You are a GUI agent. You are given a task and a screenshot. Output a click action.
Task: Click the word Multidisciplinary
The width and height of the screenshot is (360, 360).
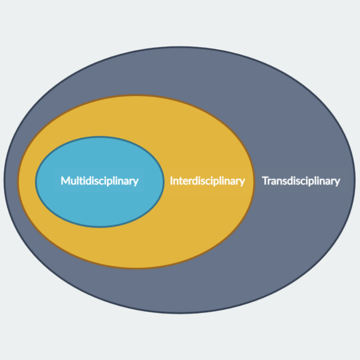pyautogui.click(x=100, y=181)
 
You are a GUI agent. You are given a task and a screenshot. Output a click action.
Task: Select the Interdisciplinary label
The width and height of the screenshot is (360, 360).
pyautogui.click(x=207, y=181)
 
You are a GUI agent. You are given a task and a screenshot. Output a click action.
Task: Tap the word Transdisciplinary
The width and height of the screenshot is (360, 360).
pyautogui.click(x=301, y=181)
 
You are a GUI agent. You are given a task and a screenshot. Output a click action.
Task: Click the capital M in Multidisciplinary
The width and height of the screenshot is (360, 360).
pyautogui.click(x=65, y=181)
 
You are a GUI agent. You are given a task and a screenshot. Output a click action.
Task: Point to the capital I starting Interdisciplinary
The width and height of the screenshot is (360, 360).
pyautogui.click(x=171, y=181)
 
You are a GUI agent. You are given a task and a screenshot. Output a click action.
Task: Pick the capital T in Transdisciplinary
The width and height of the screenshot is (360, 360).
pyautogui.click(x=265, y=181)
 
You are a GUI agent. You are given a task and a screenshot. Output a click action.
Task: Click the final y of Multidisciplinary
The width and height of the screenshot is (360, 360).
pyautogui.click(x=136, y=182)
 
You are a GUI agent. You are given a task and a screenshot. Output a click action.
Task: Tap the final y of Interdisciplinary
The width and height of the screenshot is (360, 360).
pyautogui.click(x=243, y=182)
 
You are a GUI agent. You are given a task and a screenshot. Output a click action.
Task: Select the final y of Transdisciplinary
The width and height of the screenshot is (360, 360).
pyautogui.click(x=338, y=182)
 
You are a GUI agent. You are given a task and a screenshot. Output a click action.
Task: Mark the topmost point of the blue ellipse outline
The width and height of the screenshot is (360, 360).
pyautogui.click(x=100, y=137)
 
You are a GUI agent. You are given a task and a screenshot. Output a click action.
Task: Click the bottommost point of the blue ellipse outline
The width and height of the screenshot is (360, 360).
pyautogui.click(x=100, y=227)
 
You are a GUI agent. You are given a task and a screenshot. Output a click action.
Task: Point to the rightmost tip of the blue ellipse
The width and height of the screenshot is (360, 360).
pyautogui.click(x=163, y=182)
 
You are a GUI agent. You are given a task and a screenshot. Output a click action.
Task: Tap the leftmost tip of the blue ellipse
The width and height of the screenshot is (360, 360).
pyautogui.click(x=36, y=182)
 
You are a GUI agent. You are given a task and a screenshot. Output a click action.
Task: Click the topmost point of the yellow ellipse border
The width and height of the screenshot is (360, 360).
pyautogui.click(x=136, y=95)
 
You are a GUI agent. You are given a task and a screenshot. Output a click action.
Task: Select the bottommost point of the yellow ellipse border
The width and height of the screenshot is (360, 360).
pyautogui.click(x=136, y=268)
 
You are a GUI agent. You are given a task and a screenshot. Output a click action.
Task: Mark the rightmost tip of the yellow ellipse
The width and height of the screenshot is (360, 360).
pyautogui.click(x=254, y=182)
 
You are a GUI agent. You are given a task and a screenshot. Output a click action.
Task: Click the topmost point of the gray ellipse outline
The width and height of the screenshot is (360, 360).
pyautogui.click(x=180, y=47)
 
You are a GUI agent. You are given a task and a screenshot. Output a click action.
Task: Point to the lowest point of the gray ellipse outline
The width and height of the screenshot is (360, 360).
pyautogui.click(x=180, y=313)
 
